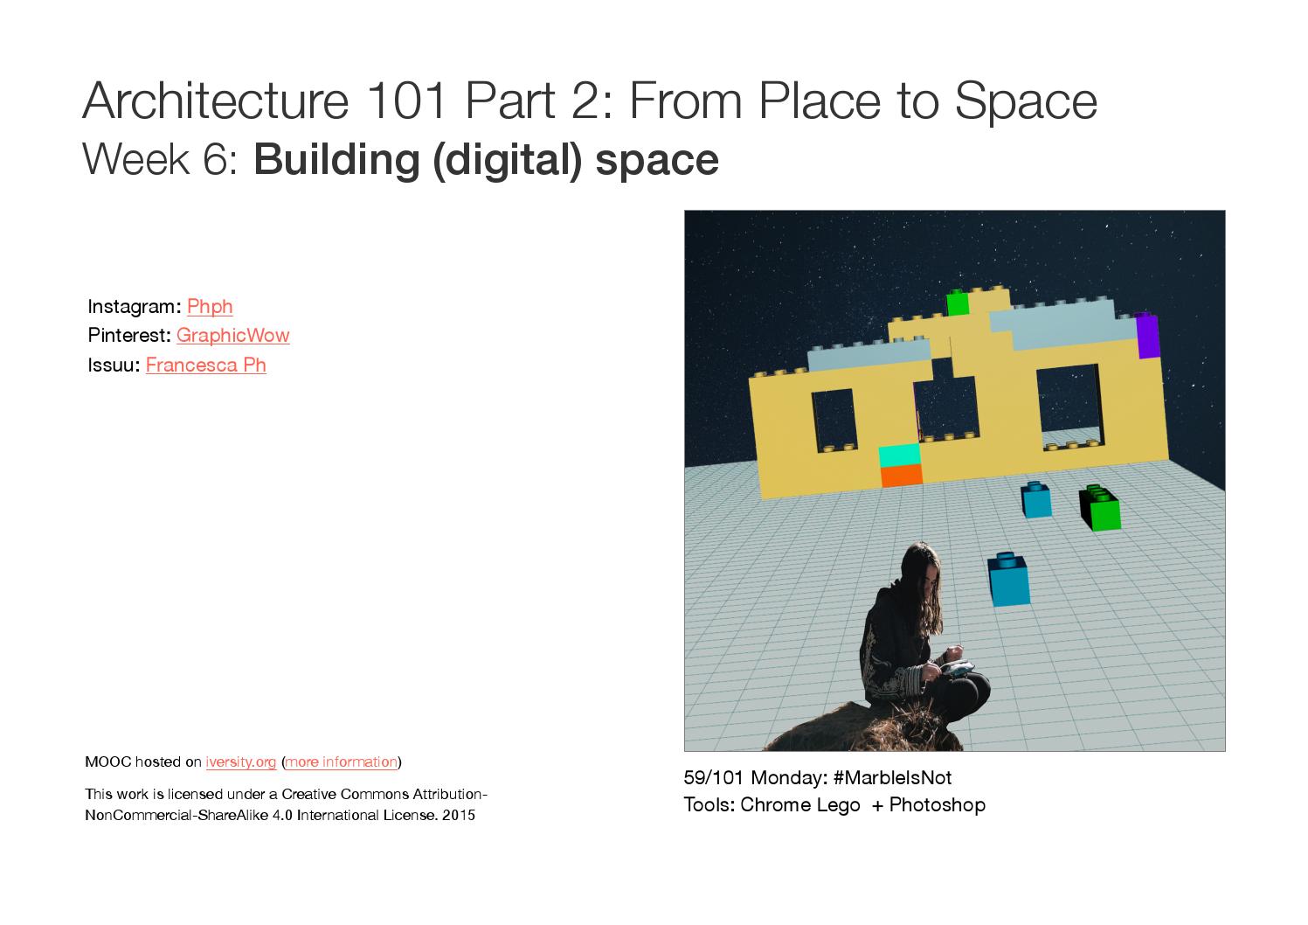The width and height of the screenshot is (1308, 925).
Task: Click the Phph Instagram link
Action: (210, 307)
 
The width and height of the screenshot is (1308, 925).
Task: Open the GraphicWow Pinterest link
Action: (233, 336)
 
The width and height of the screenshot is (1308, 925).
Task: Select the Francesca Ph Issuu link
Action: (206, 365)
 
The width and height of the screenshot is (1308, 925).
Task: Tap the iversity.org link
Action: (240, 762)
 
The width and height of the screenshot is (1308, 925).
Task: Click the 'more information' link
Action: (342, 762)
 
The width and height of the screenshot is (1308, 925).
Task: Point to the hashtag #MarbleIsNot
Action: (892, 778)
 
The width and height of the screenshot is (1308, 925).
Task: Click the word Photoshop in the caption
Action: (938, 805)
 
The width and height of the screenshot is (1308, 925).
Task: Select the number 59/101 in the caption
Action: (713, 778)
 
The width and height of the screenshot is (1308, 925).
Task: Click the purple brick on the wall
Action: (1147, 336)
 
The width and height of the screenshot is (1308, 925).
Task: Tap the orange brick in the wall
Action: (902, 475)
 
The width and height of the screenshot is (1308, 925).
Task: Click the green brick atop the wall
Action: (958, 303)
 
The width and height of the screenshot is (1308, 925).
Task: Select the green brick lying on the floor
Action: (1100, 508)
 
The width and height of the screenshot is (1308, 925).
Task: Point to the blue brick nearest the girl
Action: (1008, 579)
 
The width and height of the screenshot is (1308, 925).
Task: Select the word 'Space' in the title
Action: (1026, 101)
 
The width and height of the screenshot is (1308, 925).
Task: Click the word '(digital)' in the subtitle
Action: (508, 160)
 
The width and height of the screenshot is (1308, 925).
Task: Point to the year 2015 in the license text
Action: (459, 815)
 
